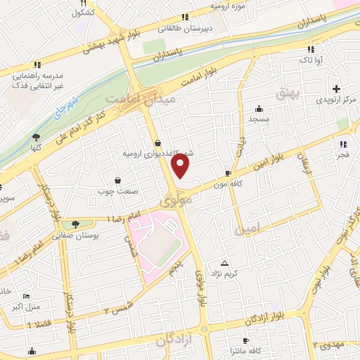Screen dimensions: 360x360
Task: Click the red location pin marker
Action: coord(181,165)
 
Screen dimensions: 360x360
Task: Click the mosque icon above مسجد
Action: coord(259,108)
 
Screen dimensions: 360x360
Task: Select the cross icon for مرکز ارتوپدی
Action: coord(337,89)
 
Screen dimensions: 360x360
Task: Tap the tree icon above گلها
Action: coord(35,136)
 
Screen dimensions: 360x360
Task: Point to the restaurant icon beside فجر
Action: coord(343,124)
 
